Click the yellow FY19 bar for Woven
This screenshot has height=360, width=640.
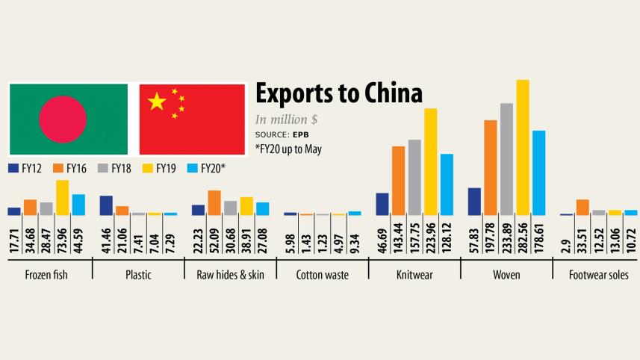pyautogui.click(x=523, y=147)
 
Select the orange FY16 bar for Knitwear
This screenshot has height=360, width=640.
pyautogui.click(x=398, y=181)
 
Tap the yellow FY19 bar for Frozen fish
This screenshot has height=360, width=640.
pyautogui.click(x=62, y=198)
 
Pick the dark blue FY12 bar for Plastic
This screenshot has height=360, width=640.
pyautogui.click(x=106, y=205)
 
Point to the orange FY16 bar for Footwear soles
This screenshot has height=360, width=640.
pyautogui.click(x=582, y=208)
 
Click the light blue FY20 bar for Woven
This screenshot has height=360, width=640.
pyautogui.click(x=539, y=173)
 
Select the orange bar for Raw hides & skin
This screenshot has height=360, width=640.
pyautogui.click(x=214, y=203)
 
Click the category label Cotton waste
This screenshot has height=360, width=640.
pyautogui.click(x=322, y=275)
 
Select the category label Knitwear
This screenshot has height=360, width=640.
pyautogui.click(x=414, y=275)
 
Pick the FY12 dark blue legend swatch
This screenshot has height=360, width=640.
pyautogui.click(x=13, y=169)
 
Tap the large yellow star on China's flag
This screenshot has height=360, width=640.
pyautogui.click(x=157, y=102)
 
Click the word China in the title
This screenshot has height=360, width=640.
pyautogui.click(x=388, y=94)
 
